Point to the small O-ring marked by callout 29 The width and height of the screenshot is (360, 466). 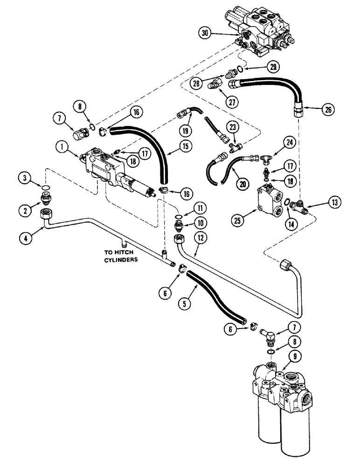[239, 69]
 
